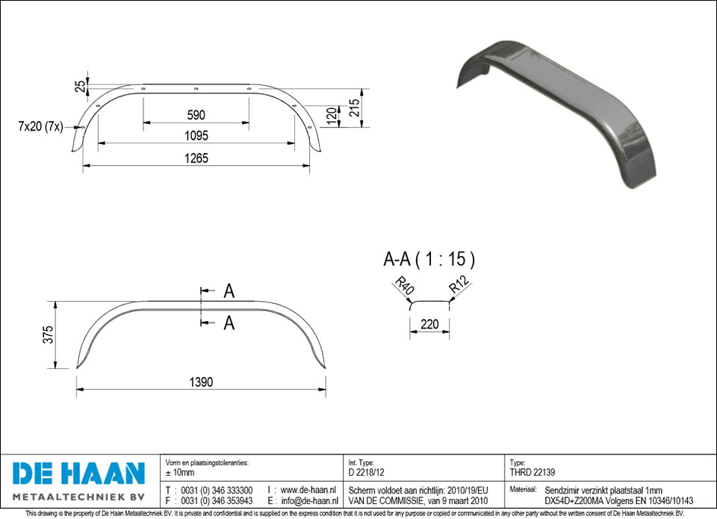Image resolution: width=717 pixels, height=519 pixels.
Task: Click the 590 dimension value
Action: pyautogui.click(x=196, y=115)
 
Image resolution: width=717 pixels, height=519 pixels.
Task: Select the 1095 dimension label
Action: pyautogui.click(x=196, y=135)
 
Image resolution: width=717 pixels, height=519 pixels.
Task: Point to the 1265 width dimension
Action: pyautogui.click(x=196, y=158)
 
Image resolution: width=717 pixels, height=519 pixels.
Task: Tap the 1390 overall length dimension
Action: pyautogui.click(x=201, y=382)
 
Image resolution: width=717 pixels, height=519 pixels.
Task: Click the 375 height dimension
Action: pyautogui.click(x=48, y=335)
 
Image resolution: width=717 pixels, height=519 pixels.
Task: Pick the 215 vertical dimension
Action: pyautogui.click(x=354, y=108)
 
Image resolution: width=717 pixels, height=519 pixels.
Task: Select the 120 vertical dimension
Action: pyautogui.click(x=332, y=116)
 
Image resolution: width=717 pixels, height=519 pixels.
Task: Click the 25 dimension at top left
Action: pyautogui.click(x=81, y=86)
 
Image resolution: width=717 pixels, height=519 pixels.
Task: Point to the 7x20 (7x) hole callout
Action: pyautogui.click(x=40, y=126)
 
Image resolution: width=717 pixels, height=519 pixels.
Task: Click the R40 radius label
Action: pyautogui.click(x=404, y=285)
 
